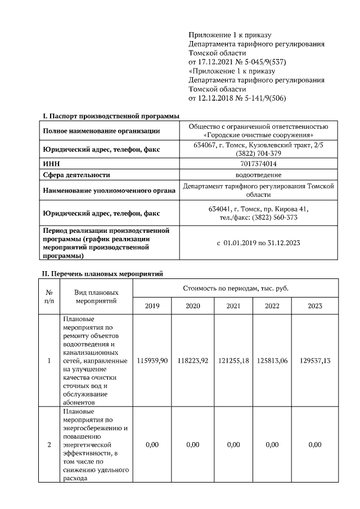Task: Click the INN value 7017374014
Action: pyautogui.click(x=259, y=164)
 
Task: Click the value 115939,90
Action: pyautogui.click(x=152, y=361)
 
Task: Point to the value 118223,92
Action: pyautogui.click(x=192, y=361)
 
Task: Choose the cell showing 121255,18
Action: pyautogui.click(x=233, y=361)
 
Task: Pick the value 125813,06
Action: pyautogui.click(x=272, y=361)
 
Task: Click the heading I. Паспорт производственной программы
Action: pyautogui.click(x=111, y=116)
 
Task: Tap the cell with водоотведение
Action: pyautogui.click(x=259, y=175)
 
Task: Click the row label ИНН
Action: pyautogui.click(x=51, y=164)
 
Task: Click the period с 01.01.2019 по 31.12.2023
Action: pyautogui.click(x=259, y=244)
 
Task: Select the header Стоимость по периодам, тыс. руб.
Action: pyautogui.click(x=236, y=288)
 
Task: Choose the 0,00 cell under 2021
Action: pyautogui.click(x=233, y=444)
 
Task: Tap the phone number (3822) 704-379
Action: pyautogui.click(x=259, y=153)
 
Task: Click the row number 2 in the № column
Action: pyautogui.click(x=49, y=444)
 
